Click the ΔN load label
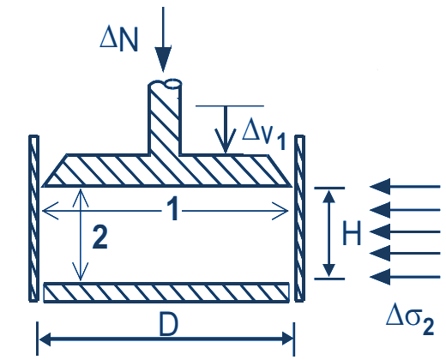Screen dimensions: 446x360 coord(119,40)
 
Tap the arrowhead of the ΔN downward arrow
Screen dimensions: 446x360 coord(163,58)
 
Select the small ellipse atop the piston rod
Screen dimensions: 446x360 coord(173,84)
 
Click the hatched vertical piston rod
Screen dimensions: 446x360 coord(165,120)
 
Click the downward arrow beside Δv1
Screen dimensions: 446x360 coord(226,129)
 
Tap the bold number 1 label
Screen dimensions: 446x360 coord(172,210)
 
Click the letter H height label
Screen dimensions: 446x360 coord(352,233)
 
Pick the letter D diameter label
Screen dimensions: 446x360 coord(168,325)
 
